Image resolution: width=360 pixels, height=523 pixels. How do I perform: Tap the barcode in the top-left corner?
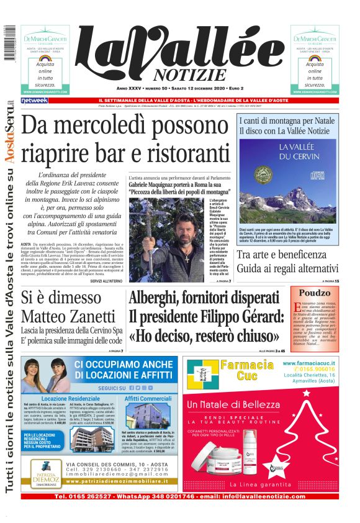[9, 43]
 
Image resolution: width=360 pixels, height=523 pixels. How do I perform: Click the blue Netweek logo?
[34, 101]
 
